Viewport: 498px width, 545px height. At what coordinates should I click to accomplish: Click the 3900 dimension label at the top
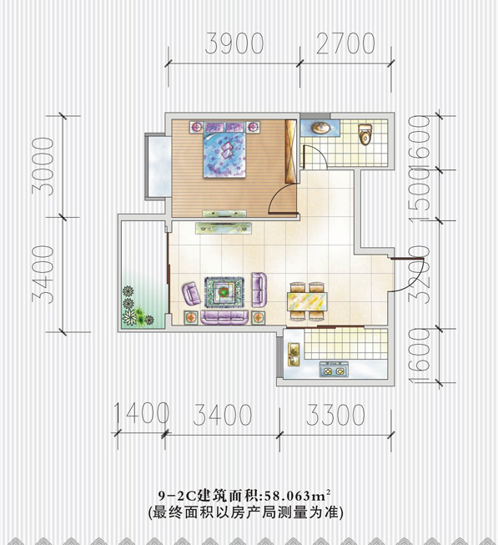pos(234,43)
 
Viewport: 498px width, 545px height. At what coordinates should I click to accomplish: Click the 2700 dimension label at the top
pos(345,43)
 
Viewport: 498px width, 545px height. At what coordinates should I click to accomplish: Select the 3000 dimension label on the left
pos(43,166)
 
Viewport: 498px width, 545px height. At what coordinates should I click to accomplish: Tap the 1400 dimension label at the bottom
pos(141,414)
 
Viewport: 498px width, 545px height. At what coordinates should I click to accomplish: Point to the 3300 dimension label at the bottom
pos(335,415)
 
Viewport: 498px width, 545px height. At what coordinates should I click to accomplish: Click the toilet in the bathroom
pos(365,134)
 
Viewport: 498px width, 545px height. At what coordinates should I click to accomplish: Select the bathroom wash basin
pos(321,129)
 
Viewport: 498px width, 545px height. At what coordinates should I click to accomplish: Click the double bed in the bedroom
pos(224,149)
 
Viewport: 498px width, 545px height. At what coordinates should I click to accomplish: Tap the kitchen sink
pos(294,354)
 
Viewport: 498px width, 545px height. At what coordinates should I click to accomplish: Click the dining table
pos(307,301)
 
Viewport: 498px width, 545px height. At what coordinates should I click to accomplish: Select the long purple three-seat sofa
pos(224,317)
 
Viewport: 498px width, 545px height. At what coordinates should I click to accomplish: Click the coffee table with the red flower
pos(224,292)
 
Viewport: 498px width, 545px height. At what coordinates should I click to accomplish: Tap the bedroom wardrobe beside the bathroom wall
pos(290,152)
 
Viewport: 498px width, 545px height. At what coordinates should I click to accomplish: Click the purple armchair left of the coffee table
pos(191,294)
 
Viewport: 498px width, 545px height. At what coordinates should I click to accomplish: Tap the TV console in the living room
pos(224,228)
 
